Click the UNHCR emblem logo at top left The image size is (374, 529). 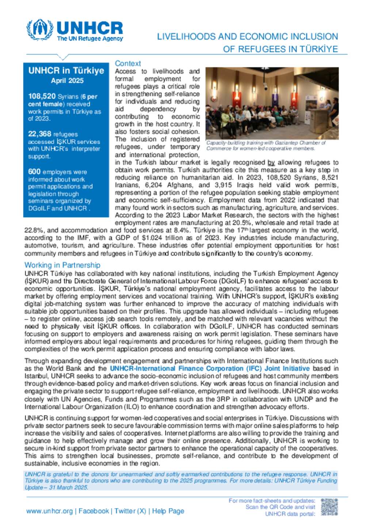click(x=39, y=30)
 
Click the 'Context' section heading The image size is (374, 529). click(x=127, y=64)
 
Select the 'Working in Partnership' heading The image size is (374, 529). click(x=62, y=265)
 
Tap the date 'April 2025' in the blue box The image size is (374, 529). click(x=67, y=81)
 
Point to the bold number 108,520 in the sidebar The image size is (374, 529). click(x=42, y=96)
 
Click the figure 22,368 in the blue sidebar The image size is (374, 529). click(x=40, y=134)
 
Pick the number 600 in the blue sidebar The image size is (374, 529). click(x=34, y=172)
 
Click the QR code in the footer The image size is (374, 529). click(x=329, y=507)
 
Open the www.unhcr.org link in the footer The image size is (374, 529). click(x=49, y=511)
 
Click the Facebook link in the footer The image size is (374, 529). click(x=93, y=511)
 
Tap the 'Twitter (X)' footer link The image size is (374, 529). click(x=130, y=511)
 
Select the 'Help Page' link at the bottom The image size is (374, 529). click(x=168, y=511)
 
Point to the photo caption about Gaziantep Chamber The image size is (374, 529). click(x=266, y=145)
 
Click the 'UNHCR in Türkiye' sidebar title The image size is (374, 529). click(x=66, y=70)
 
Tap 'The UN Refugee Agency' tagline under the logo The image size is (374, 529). click(x=90, y=39)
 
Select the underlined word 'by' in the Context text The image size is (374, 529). click(x=271, y=162)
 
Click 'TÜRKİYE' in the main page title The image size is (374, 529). click(x=319, y=49)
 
